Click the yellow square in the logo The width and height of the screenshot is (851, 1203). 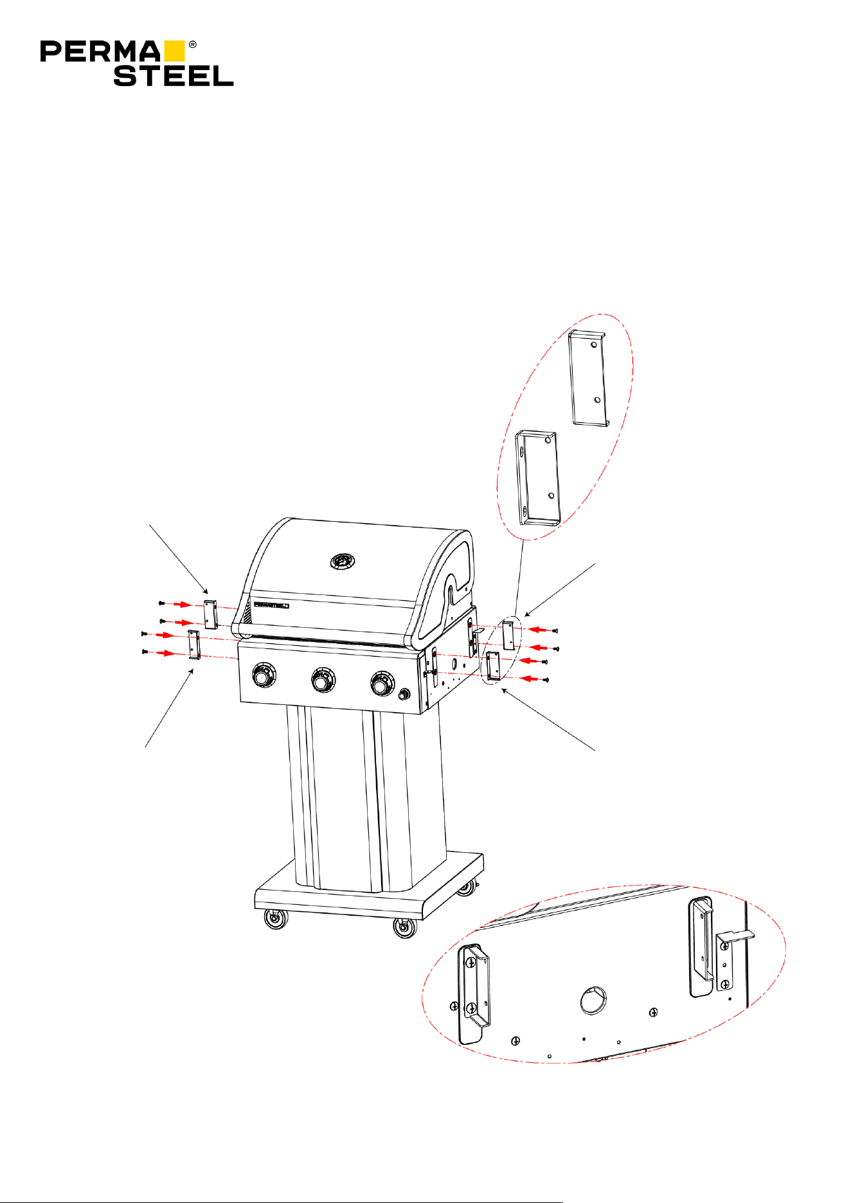174,51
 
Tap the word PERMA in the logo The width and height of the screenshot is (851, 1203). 100,52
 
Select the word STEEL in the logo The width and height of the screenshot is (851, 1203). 174,76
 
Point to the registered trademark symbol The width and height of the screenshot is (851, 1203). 192,45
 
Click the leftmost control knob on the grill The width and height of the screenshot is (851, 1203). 263,676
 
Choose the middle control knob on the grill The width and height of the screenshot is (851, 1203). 323,680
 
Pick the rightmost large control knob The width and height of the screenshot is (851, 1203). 382,683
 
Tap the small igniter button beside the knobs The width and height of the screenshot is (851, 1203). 404,695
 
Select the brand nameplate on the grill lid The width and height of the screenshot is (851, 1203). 271,605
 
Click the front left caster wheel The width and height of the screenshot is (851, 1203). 276,920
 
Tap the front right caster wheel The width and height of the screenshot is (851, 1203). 405,928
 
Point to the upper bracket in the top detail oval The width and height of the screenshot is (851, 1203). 589,378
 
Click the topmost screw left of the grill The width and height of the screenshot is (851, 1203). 162,603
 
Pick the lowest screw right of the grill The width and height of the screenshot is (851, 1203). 544,679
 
